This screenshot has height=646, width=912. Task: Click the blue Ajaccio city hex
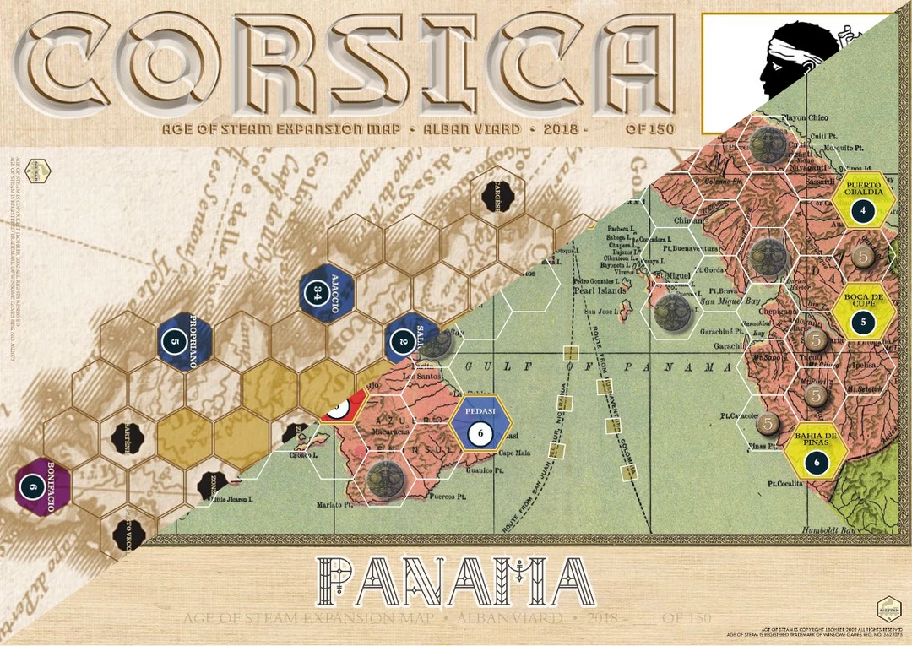pos(328,291)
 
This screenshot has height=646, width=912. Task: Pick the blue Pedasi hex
pos(480,424)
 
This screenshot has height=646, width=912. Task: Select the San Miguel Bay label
pos(723,300)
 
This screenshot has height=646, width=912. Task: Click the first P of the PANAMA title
pos(342,583)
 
